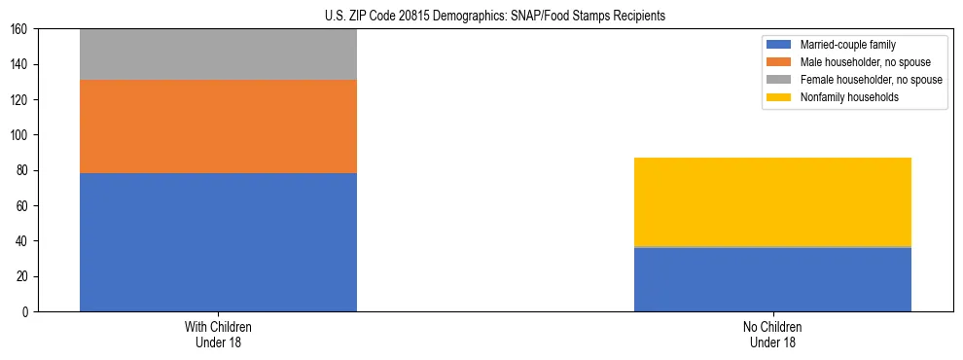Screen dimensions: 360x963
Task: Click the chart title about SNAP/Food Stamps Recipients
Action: [495, 17]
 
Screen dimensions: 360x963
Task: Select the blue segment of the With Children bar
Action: [218, 242]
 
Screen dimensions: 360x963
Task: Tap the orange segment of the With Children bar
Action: [218, 126]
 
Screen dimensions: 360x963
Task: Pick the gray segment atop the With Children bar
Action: [218, 54]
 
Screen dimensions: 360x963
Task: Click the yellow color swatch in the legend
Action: [779, 97]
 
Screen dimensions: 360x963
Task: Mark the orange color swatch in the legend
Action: [779, 62]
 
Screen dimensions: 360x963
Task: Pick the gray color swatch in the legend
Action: [779, 80]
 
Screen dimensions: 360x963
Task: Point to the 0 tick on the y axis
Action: [27, 312]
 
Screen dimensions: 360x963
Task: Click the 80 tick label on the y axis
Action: [24, 171]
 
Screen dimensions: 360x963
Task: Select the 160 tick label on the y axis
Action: [21, 29]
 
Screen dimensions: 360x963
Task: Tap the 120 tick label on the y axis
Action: [21, 100]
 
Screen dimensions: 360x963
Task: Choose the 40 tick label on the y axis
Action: [24, 241]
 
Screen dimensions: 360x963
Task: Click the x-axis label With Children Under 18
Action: [218, 335]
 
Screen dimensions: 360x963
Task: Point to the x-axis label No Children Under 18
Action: [772, 335]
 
